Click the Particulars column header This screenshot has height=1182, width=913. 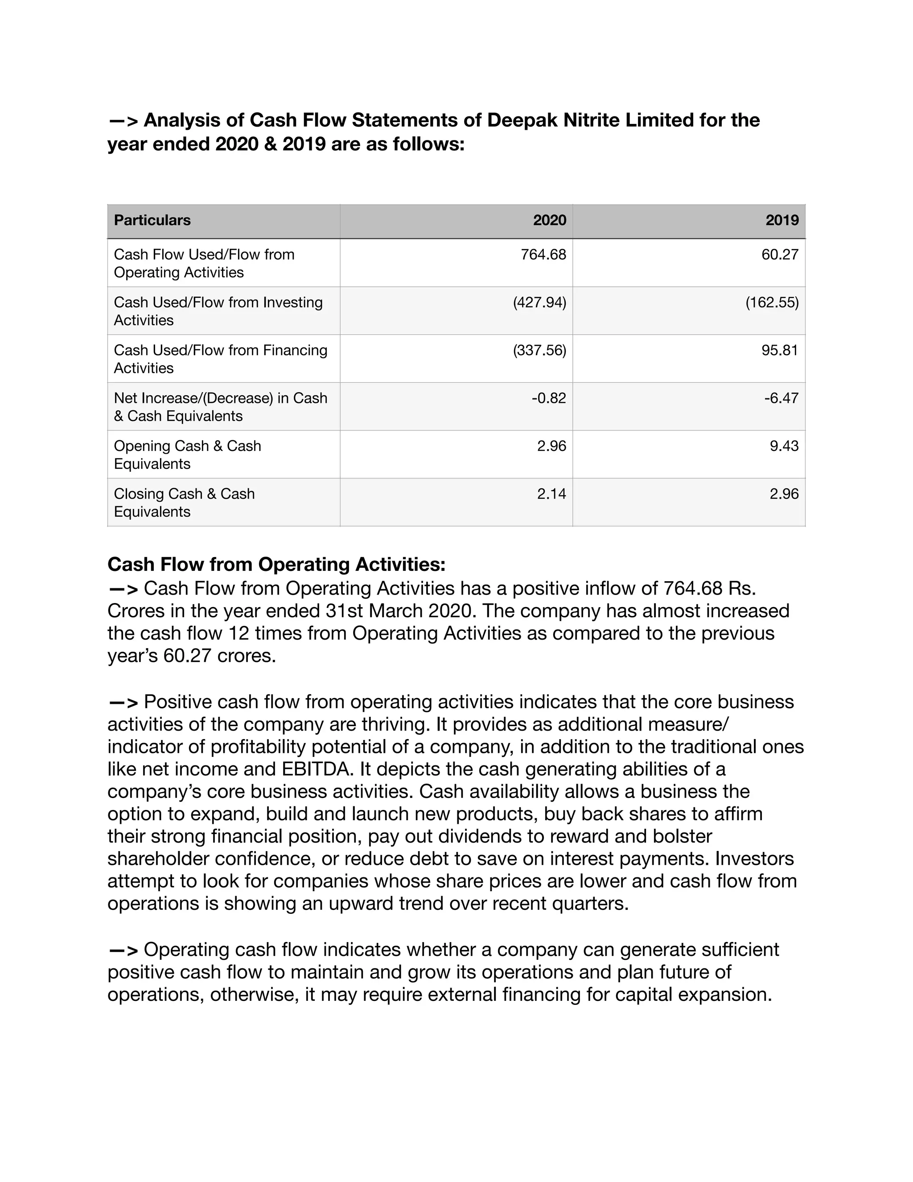(x=152, y=220)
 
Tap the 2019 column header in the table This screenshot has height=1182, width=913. (x=781, y=220)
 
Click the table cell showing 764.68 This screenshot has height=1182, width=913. (x=543, y=254)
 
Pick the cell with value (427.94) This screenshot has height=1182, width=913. (x=539, y=302)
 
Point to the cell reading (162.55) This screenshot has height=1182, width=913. (x=772, y=302)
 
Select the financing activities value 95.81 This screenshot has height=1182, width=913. (x=779, y=350)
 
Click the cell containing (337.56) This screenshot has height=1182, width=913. (x=539, y=350)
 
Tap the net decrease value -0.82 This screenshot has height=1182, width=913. (x=548, y=398)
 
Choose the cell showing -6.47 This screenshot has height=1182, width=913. (x=781, y=398)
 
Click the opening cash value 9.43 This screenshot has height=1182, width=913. (x=784, y=446)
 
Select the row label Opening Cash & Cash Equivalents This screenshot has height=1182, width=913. (x=187, y=455)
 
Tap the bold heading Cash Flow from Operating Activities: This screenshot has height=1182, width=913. (x=276, y=565)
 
